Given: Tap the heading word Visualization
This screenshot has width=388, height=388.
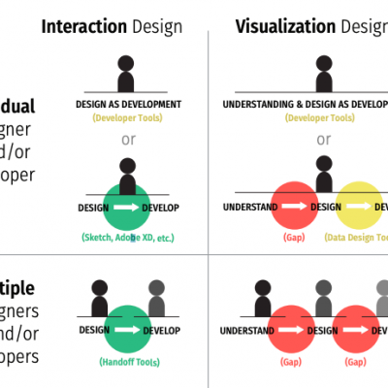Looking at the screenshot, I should (x=283, y=24).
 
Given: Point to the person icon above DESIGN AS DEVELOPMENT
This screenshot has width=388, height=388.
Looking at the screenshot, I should (x=126, y=75).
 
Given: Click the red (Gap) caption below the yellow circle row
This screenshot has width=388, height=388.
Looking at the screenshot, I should (x=294, y=237).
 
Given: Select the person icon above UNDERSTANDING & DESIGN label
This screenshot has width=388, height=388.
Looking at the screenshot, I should (x=323, y=75).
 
